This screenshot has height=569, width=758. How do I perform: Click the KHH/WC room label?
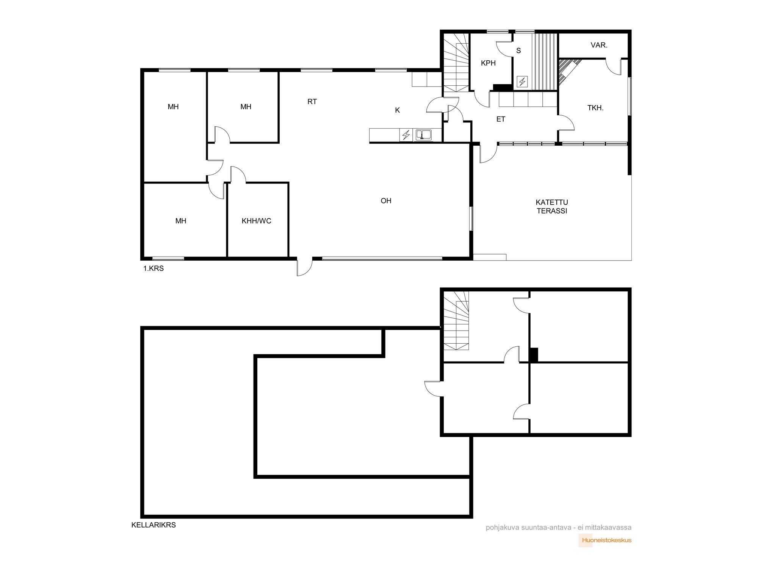[256, 221]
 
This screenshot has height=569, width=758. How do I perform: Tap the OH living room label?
[386, 201]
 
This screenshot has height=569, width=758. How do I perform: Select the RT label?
[312, 102]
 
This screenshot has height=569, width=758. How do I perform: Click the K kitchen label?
[397, 110]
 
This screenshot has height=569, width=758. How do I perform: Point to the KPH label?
[488, 63]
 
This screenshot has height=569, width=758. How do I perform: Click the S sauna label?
[518, 50]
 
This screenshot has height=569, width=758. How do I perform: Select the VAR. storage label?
[599, 45]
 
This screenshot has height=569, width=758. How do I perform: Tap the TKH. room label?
[595, 108]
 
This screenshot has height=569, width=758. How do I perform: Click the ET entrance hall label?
[501, 119]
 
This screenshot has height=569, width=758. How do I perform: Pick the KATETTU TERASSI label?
[552, 207]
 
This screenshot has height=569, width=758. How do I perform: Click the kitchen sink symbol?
[423, 135]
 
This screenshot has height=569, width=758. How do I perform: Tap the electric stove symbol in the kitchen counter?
[406, 135]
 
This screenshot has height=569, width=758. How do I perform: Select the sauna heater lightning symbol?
[522, 82]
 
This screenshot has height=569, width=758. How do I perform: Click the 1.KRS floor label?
[153, 268]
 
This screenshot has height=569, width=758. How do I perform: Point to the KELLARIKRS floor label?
[153, 525]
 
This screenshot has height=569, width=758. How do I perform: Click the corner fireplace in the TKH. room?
[567, 70]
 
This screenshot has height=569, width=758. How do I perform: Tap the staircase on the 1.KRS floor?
[456, 63]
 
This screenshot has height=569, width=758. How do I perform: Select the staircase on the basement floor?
[456, 321]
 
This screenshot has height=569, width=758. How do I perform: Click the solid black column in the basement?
[534, 355]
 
